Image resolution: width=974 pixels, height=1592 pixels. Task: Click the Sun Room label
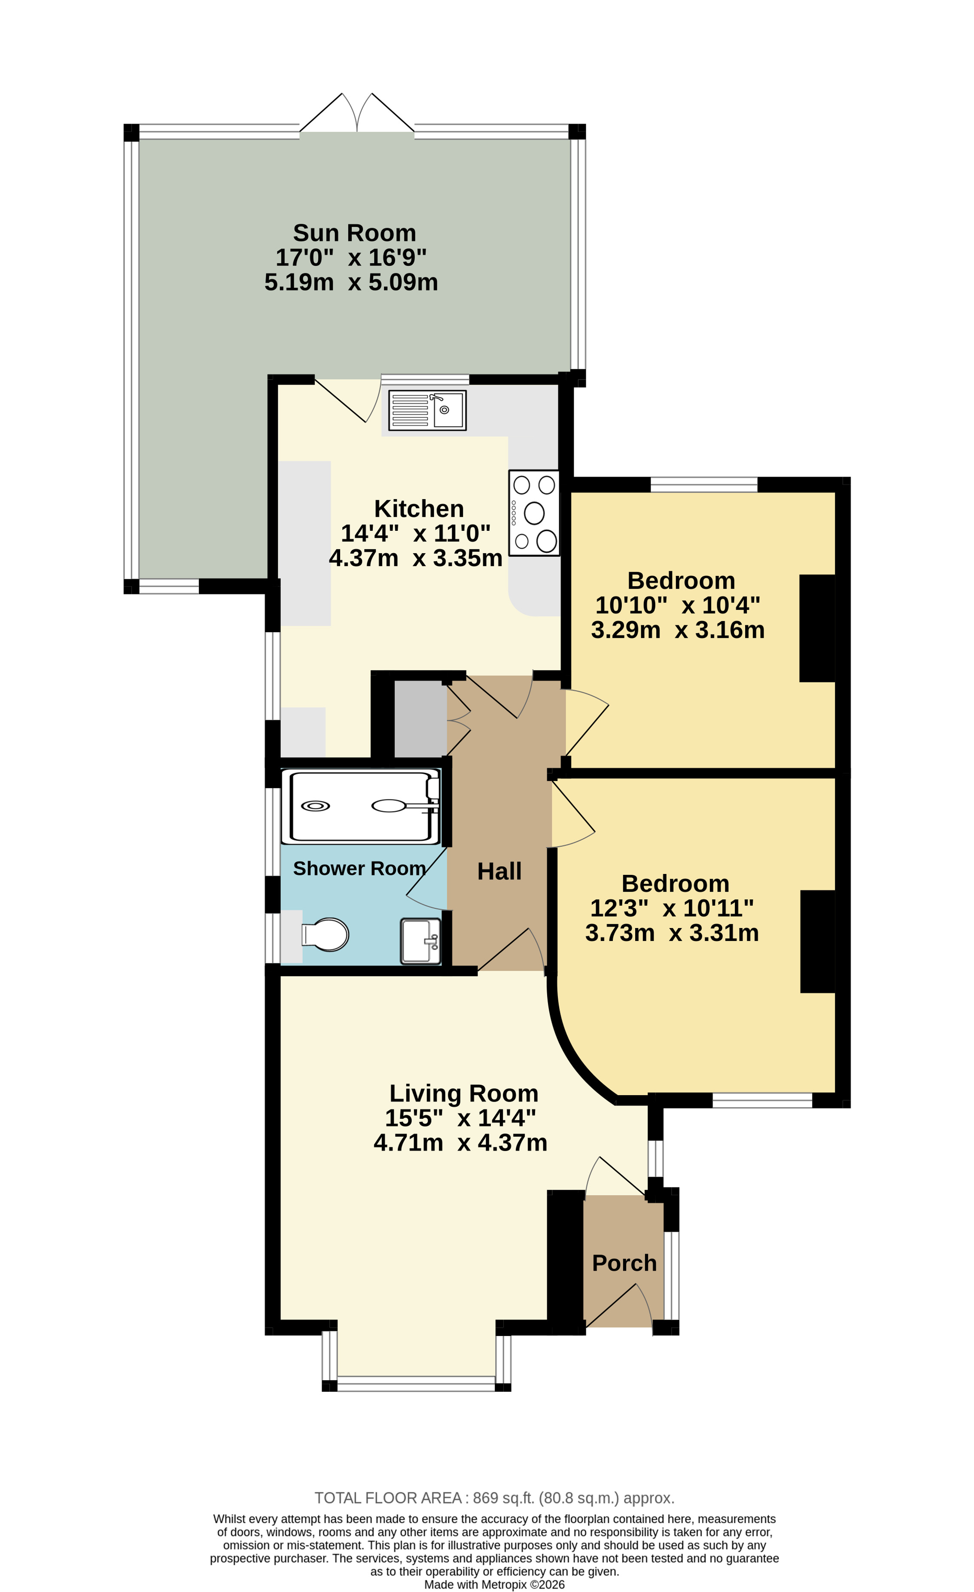(x=354, y=233)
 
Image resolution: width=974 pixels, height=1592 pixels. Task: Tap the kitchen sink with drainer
(x=427, y=410)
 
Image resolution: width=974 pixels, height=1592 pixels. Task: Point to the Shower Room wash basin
(x=420, y=941)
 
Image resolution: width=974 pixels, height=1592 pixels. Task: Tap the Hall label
(x=499, y=871)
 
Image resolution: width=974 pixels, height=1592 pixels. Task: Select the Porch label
(x=624, y=1263)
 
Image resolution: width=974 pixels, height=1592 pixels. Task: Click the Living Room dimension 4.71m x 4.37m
(x=460, y=1143)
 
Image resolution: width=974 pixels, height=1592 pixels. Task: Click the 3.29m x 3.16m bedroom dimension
(x=678, y=630)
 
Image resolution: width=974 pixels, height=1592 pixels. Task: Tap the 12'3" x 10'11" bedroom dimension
(x=672, y=908)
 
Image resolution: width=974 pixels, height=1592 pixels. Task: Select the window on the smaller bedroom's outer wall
(x=703, y=484)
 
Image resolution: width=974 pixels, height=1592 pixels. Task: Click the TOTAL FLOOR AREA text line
(x=494, y=1498)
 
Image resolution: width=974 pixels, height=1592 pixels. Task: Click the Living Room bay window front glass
(x=416, y=1383)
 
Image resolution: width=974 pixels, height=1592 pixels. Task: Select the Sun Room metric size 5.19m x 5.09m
(x=351, y=282)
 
